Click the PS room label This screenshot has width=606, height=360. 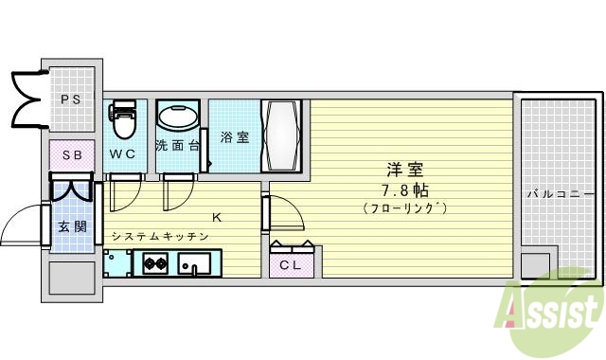pyautogui.click(x=70, y=98)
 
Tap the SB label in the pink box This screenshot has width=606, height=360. pyautogui.click(x=72, y=154)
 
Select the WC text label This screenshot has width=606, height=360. pyautogui.click(x=123, y=153)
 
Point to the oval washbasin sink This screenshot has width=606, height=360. pyautogui.click(x=177, y=119)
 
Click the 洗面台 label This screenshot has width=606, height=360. pyautogui.click(x=177, y=146)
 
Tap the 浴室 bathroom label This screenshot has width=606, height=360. pyautogui.click(x=235, y=137)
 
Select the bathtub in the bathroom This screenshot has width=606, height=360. pyautogui.click(x=285, y=136)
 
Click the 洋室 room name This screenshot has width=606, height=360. pyautogui.click(x=403, y=171)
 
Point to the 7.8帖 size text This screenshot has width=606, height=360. pyautogui.click(x=403, y=189)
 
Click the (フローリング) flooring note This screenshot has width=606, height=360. pyautogui.click(x=403, y=207)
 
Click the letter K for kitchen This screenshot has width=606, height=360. pyautogui.click(x=216, y=218)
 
